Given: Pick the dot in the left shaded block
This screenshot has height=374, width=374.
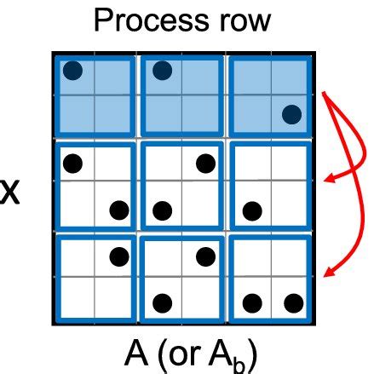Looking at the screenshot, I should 74,70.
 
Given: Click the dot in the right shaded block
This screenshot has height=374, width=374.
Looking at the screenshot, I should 292,113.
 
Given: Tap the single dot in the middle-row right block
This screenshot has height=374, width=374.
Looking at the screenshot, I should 250,209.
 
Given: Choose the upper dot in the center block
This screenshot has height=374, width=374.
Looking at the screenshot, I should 205,162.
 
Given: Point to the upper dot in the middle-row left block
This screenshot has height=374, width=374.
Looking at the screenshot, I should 74,162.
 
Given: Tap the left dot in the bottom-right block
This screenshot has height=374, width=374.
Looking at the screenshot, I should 250,302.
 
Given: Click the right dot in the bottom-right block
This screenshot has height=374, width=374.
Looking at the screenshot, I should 292,302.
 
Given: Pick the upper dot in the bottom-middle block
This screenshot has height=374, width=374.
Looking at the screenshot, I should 205,256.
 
